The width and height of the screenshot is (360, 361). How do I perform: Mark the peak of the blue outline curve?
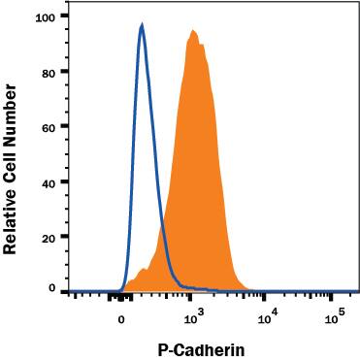coord(142,26)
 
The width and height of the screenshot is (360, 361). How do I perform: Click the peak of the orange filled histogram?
coord(194,31)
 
